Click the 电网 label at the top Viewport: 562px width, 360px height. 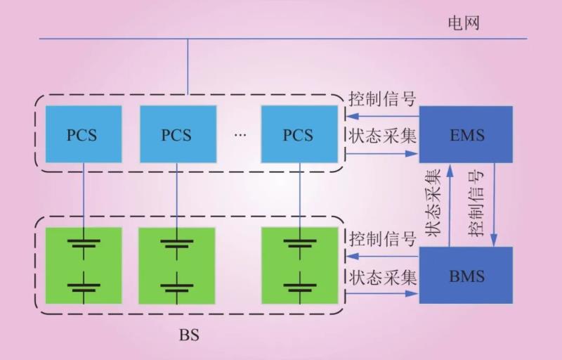463,22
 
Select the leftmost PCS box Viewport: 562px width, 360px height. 82,134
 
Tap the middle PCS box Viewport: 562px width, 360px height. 176,134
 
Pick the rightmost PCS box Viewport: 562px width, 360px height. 297,134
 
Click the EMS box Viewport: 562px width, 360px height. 466,134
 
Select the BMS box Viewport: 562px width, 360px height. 466,275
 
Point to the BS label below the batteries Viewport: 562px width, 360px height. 189,334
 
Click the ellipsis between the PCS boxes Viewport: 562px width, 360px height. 240,134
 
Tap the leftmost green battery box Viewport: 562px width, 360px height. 83,265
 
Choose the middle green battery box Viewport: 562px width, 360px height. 176,265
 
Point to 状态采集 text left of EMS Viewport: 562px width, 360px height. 382,136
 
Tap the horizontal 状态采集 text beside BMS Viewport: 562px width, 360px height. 382,277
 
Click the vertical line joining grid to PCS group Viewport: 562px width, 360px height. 188,66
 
